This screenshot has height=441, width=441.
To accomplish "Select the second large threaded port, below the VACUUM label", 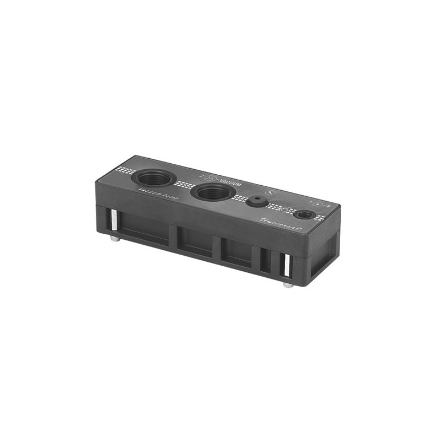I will (x=213, y=192).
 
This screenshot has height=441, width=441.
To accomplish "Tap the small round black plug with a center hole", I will (x=257, y=201).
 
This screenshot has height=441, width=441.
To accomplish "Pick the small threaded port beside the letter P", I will (x=304, y=213).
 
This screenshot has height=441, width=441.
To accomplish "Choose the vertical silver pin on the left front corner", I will (x=112, y=221).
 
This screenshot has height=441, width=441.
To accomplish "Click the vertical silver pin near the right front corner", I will (x=286, y=266).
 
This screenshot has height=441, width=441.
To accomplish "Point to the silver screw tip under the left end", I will (x=114, y=239).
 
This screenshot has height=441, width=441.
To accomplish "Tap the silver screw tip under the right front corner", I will (x=288, y=285).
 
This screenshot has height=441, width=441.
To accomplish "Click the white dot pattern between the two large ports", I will (x=184, y=185).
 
